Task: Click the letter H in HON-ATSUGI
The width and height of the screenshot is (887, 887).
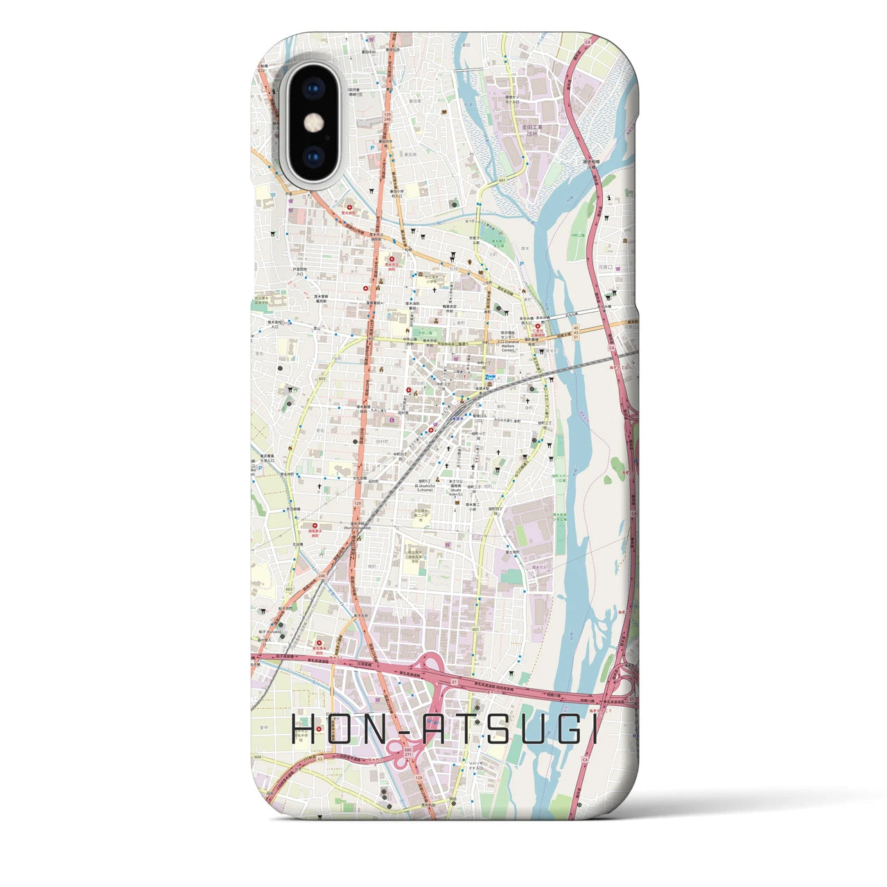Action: coord(303,729)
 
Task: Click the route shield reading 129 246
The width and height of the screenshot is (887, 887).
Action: coord(387,116)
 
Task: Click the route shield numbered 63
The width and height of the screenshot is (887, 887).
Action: coord(321,759)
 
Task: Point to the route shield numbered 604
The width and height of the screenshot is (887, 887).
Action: coord(258,757)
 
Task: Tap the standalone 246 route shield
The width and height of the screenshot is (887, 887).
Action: coord(322,576)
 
